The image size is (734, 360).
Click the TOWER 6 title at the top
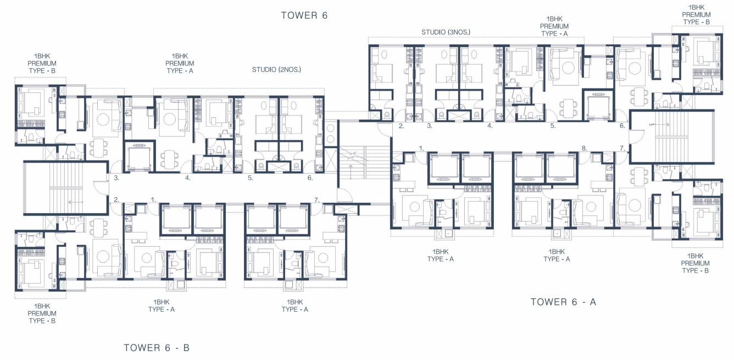click(304, 15)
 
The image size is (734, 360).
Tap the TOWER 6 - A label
click(563, 302)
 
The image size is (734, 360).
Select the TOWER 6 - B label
click(157, 347)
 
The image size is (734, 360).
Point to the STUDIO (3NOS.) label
click(446, 32)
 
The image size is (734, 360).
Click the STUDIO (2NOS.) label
click(276, 70)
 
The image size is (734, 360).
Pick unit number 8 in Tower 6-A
click(584, 148)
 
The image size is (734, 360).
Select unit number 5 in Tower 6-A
click(553, 126)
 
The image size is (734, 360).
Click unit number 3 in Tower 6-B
click(116, 178)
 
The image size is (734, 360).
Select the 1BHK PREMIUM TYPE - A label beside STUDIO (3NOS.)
click(554, 26)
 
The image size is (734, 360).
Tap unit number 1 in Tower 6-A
click(421, 148)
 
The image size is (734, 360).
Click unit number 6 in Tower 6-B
click(310, 178)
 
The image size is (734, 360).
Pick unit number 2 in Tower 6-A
click(402, 126)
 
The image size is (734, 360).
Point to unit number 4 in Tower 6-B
click(188, 178)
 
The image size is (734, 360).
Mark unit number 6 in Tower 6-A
click(622, 126)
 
